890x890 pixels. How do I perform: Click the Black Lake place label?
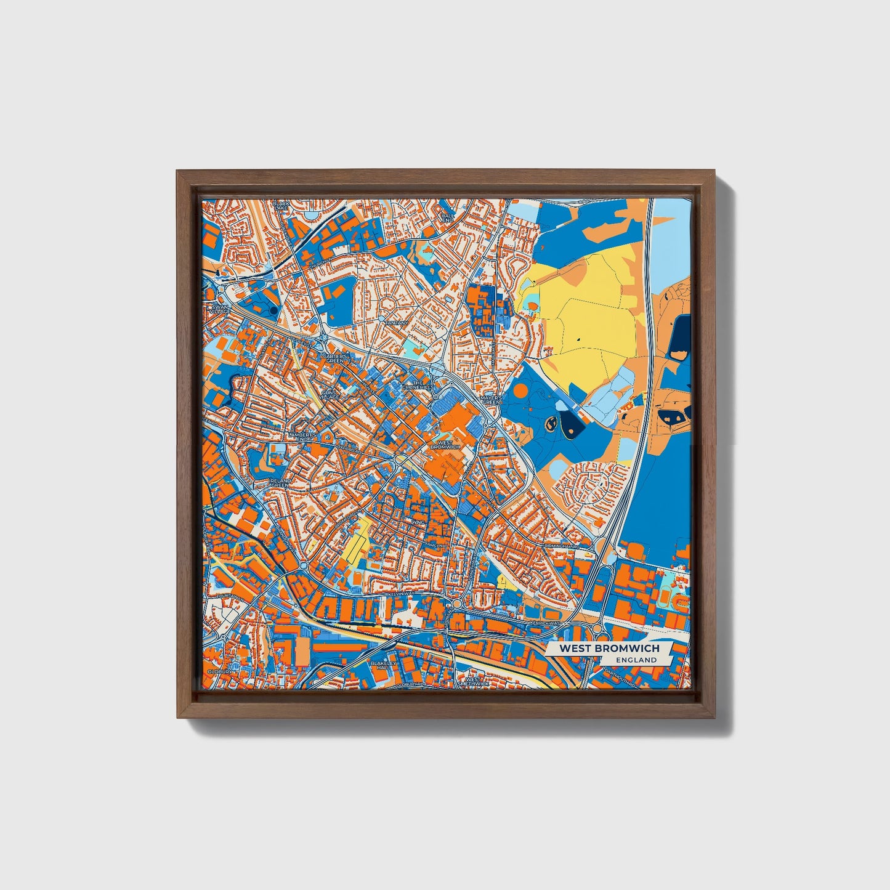[x=281, y=205]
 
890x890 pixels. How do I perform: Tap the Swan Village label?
[x=220, y=309]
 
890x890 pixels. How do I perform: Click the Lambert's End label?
[x=302, y=436]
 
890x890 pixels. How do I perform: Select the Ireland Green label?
[x=280, y=482]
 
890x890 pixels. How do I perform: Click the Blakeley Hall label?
[x=381, y=665]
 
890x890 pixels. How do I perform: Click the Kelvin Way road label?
[x=403, y=593]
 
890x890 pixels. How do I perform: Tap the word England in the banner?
[x=637, y=660]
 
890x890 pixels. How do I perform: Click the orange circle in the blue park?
[x=520, y=390]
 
